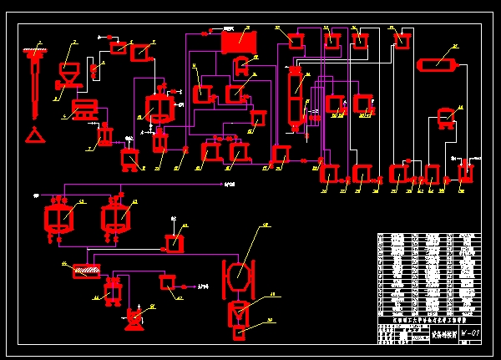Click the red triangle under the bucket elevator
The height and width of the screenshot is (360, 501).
tap(34, 134)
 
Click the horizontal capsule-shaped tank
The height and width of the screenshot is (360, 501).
tap(438, 64)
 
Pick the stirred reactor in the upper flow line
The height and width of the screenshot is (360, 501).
tap(159, 108)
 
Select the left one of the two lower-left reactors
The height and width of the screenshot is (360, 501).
tap(58, 216)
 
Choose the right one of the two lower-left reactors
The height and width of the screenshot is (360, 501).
tap(115, 216)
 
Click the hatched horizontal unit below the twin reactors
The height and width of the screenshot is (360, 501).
tap(86, 271)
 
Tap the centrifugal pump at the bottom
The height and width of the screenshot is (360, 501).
tap(134, 318)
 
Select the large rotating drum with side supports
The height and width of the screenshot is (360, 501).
tap(238, 272)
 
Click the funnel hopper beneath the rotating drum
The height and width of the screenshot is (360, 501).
tap(238, 313)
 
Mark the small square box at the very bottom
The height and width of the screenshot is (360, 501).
tap(239, 334)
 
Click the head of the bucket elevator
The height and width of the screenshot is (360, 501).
tap(34, 53)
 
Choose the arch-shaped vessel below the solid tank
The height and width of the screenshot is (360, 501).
tap(242, 65)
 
